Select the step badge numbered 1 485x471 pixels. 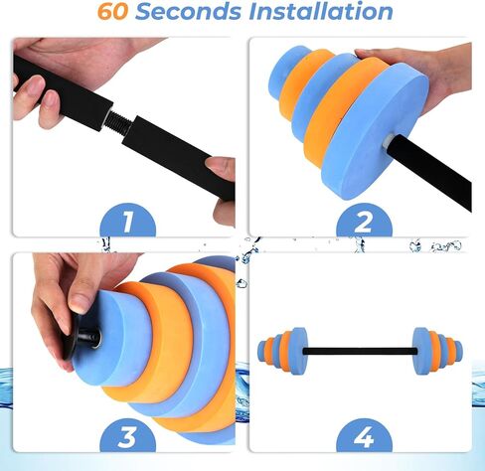[x=126, y=220]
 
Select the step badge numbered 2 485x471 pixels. [x=363, y=220]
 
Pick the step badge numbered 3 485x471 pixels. [x=126, y=436]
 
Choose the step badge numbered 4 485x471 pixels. [x=363, y=436]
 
